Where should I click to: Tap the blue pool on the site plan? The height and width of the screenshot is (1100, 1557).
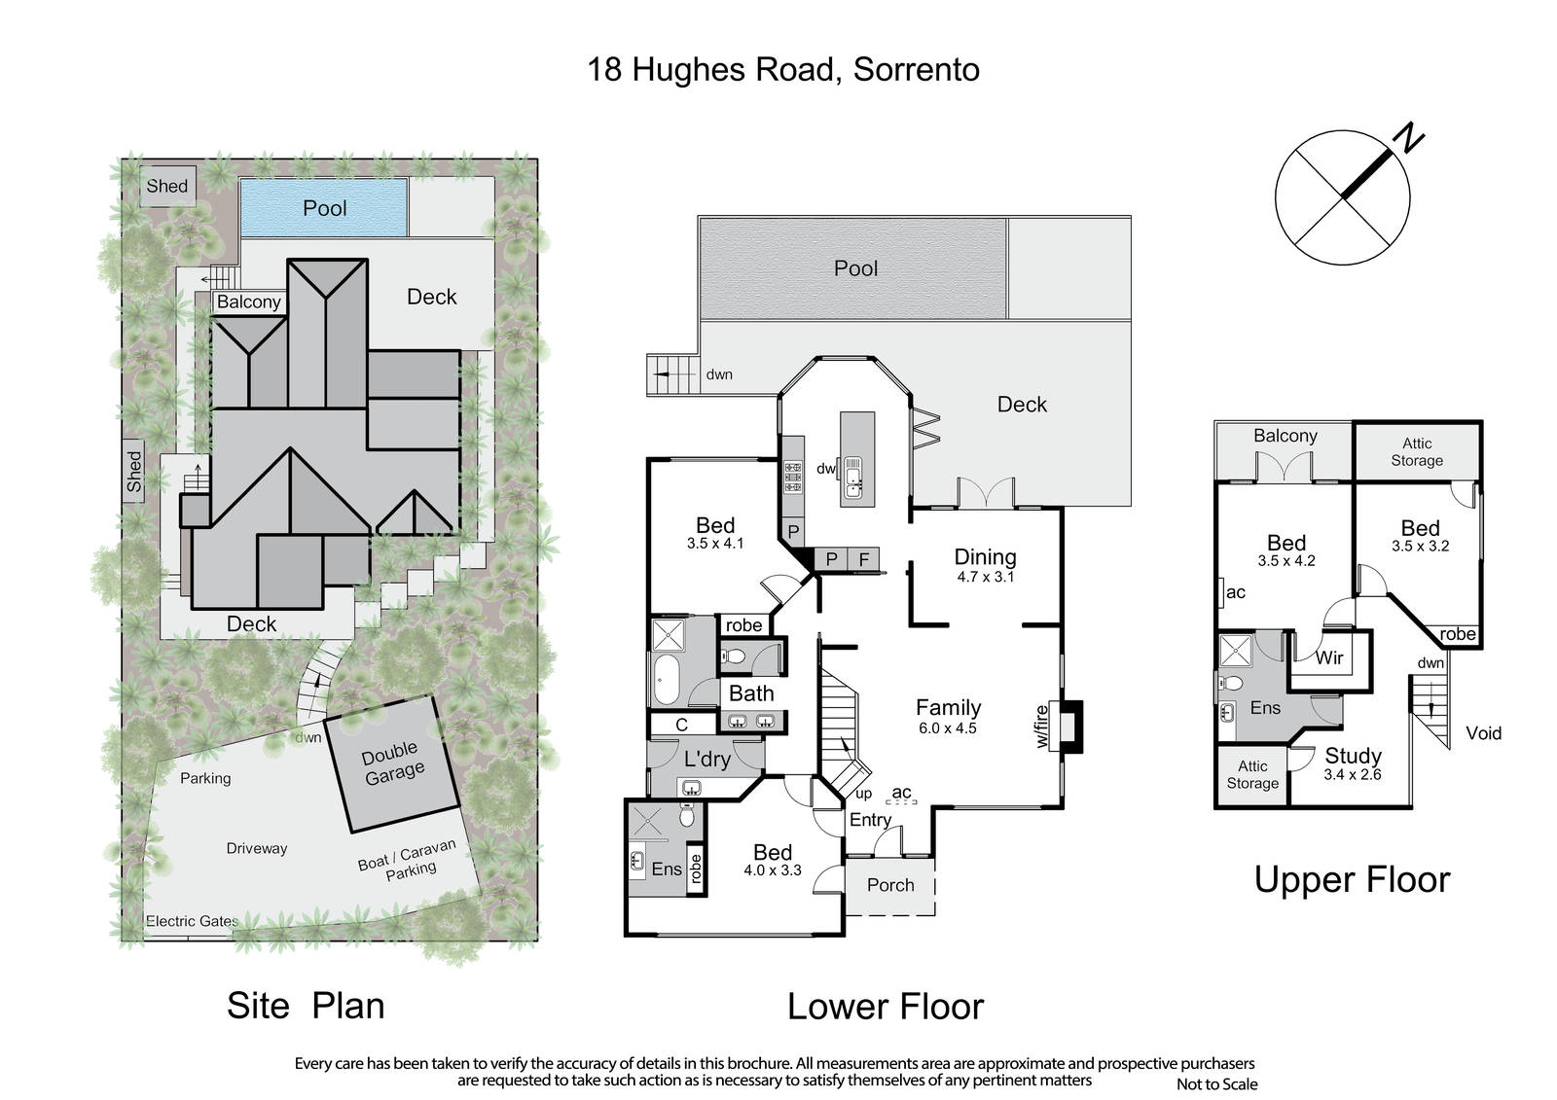coord(323,208)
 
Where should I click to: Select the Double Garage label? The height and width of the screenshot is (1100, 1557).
coord(392,763)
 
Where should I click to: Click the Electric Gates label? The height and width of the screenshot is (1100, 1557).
coord(192,921)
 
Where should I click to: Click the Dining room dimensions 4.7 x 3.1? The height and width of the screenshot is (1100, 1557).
coord(985,576)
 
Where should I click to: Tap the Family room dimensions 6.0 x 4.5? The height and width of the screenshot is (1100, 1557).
coord(948,727)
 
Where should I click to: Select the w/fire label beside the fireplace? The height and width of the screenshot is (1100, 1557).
coord(1041,727)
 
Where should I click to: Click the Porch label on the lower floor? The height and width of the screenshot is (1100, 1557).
coord(890,885)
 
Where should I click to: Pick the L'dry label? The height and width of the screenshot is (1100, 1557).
coord(706,759)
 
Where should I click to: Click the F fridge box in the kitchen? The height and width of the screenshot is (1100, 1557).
coord(863,558)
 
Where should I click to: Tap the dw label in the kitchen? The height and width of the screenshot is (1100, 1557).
coord(825,469)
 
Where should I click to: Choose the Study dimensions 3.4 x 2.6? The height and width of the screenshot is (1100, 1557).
coord(1352,774)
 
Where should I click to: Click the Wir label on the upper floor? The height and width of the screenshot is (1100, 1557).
coord(1329,656)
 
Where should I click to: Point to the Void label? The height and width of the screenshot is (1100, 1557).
coord(1483,733)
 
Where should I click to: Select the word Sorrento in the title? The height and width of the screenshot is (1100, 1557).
coord(916,69)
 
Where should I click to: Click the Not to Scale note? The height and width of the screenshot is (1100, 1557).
coord(1216,1084)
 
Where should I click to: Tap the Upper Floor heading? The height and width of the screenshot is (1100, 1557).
coord(1352,880)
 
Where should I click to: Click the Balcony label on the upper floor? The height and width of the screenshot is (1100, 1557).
coord(1285,436)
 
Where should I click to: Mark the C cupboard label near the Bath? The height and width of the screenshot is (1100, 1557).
coord(681,725)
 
